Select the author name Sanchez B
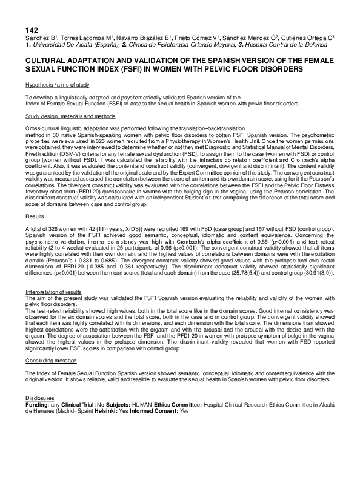[39, 38]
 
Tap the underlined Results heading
[35, 198]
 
